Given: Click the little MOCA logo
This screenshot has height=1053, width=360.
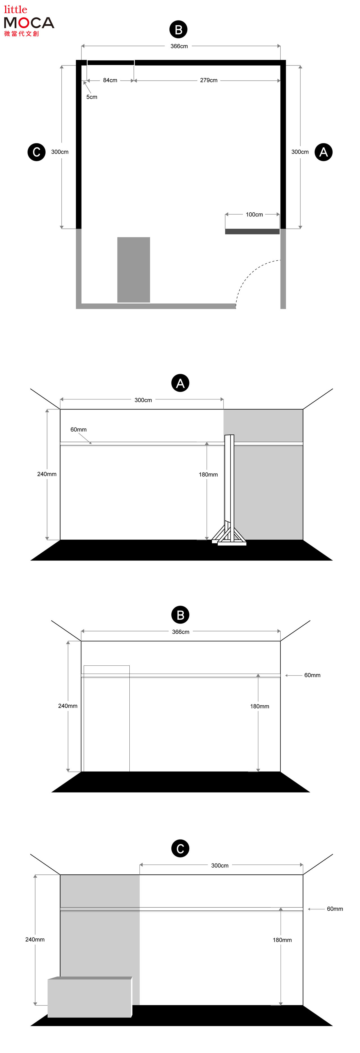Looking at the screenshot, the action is pos(29,21).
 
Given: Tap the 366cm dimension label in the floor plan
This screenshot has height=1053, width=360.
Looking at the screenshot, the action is pos(179,46).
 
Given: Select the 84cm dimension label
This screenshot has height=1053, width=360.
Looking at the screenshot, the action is pos(110,80).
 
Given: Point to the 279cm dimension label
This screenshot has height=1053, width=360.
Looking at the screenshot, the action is pos(208,80).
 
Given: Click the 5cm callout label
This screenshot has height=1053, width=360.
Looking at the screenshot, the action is pos(91,97).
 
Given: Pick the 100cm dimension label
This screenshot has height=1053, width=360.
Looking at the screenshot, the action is pos(254,214).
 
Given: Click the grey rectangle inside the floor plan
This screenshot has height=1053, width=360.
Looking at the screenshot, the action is pos(134,270).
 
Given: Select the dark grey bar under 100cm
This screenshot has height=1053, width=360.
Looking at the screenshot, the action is pos(252,231).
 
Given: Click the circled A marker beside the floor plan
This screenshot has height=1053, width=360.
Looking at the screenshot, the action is pos(323,152).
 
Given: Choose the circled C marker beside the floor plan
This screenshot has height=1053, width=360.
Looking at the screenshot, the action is pos(36,152).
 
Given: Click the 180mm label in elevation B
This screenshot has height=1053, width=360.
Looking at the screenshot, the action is pos(260,706).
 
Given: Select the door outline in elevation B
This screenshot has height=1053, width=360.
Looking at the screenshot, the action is pos(107,719).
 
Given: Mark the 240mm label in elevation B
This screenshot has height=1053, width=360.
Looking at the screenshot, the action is pos(67,706).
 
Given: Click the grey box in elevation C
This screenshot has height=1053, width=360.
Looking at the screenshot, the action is pos(90,997).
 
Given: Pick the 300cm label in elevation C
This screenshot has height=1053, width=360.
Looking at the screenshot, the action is pos(220,865).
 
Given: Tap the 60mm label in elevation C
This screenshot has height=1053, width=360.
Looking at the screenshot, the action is pos(335,909).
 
